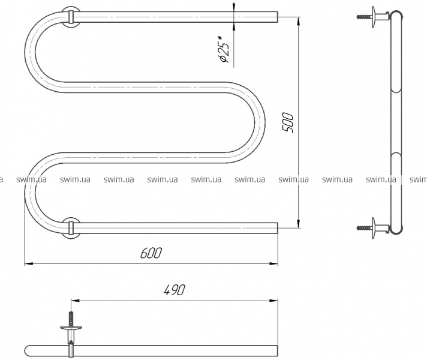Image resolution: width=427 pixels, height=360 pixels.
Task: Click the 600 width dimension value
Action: tap(151, 253)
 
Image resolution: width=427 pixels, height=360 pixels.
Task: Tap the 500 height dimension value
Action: tap(288, 122)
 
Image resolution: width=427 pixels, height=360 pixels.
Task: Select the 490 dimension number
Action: tap(175, 290)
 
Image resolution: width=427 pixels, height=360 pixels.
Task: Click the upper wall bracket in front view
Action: tap(71, 17)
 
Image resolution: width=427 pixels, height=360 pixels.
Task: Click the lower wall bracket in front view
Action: tap(71, 228)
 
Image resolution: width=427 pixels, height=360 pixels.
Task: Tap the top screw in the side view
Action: tap(364, 17)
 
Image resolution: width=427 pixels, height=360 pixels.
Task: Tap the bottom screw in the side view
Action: tap(364, 228)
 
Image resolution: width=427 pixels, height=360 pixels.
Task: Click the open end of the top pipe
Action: tap(278, 17)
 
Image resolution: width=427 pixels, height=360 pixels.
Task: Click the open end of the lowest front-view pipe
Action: tap(278, 228)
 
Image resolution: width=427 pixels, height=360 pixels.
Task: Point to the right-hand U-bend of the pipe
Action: tap(259, 122)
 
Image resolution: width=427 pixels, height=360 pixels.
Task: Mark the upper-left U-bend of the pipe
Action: tap(30, 52)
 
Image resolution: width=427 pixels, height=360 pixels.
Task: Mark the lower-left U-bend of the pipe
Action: tap(30, 193)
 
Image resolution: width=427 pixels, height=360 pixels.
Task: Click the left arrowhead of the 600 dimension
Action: tap(29, 264)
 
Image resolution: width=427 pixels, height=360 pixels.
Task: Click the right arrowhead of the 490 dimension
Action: tap(273, 301)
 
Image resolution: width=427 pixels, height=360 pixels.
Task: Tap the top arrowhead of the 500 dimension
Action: tap(299, 21)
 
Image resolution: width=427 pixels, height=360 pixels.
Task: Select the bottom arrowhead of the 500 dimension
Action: tap(299, 223)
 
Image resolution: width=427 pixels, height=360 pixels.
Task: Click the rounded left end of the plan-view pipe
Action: tap(26, 351)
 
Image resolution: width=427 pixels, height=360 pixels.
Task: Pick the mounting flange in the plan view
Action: tap(71, 328)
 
